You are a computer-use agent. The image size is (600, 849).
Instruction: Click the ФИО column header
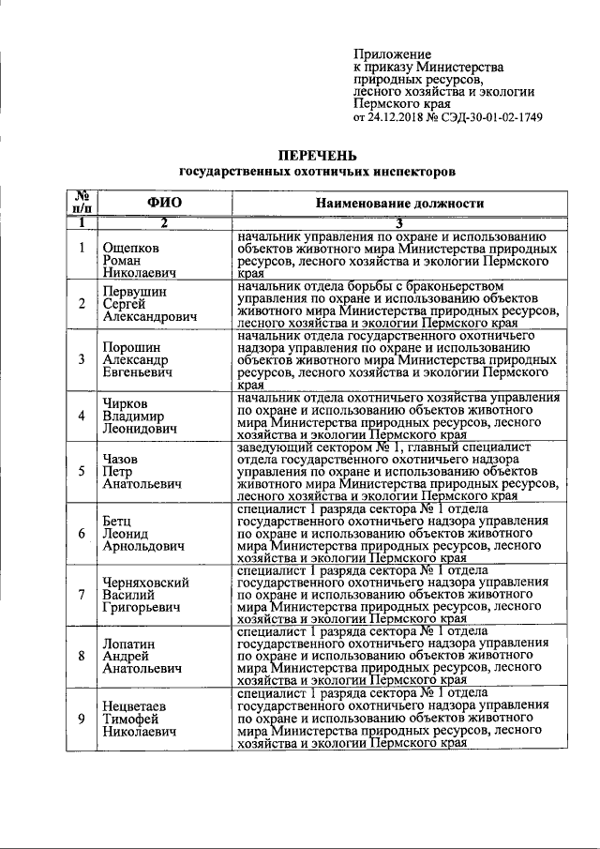164,203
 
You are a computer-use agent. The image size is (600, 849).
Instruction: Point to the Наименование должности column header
399,203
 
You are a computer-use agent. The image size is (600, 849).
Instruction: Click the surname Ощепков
132,249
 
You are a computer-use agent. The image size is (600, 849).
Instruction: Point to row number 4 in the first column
82,416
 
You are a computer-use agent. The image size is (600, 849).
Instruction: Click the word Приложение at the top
392,54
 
